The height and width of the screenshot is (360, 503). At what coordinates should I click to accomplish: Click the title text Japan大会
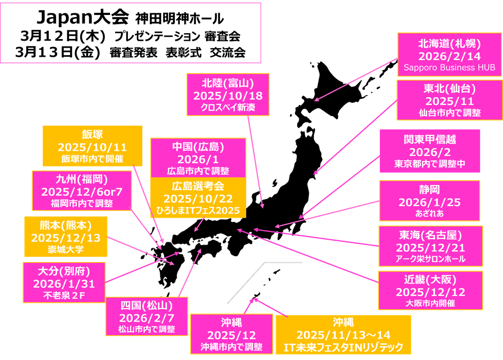83,17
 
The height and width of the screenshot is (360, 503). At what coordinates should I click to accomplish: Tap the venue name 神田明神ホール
180,19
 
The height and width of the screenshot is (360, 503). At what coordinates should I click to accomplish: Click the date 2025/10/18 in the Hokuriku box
228,96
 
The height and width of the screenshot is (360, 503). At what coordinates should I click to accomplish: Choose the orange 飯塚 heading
93,134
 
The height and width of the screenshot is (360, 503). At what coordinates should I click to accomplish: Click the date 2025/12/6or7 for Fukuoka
82,192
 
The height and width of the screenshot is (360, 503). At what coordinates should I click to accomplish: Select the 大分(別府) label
64,270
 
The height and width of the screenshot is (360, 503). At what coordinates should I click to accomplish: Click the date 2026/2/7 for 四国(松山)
147,318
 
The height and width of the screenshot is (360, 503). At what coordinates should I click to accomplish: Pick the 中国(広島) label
198,147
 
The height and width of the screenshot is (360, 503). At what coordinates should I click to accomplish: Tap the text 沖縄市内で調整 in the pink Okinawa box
231,347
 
